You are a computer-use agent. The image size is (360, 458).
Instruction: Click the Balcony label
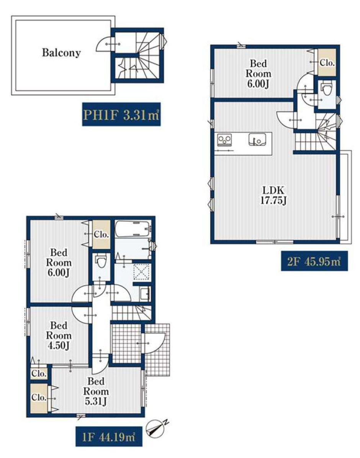(x=61, y=53)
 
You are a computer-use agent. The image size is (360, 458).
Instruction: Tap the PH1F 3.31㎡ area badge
(x=121, y=114)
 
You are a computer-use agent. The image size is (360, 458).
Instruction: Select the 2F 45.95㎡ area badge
(x=314, y=261)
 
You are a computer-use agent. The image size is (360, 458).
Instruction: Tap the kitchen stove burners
(x=224, y=140)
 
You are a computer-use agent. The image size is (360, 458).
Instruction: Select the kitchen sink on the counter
(x=257, y=139)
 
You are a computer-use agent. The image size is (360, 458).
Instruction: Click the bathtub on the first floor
(x=133, y=229)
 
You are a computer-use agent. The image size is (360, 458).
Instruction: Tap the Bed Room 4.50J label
(x=59, y=335)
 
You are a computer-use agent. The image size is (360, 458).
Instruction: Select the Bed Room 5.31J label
(x=96, y=391)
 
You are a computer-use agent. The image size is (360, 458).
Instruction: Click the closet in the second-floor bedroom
(x=327, y=62)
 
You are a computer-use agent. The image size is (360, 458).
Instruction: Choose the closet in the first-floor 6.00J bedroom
(x=101, y=234)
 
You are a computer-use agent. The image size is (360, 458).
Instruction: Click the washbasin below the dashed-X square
(x=145, y=293)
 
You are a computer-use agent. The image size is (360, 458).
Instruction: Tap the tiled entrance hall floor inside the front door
(x=127, y=343)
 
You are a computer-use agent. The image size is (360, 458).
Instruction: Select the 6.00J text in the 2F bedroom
(x=258, y=84)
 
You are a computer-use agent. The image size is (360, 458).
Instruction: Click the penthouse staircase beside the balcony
(x=139, y=56)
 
